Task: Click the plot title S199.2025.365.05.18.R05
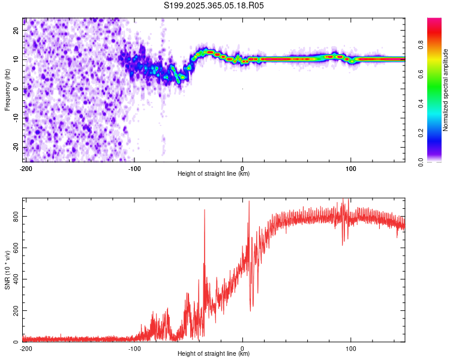214,5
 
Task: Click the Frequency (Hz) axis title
8,90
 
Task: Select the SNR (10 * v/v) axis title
8,269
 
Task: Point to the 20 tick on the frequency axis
16,30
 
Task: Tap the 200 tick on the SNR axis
14,310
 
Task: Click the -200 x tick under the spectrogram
26,169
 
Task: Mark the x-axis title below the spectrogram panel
214,174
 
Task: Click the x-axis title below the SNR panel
214,354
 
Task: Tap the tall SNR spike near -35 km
205,211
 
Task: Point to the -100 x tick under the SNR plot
134,349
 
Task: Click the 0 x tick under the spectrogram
242,169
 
